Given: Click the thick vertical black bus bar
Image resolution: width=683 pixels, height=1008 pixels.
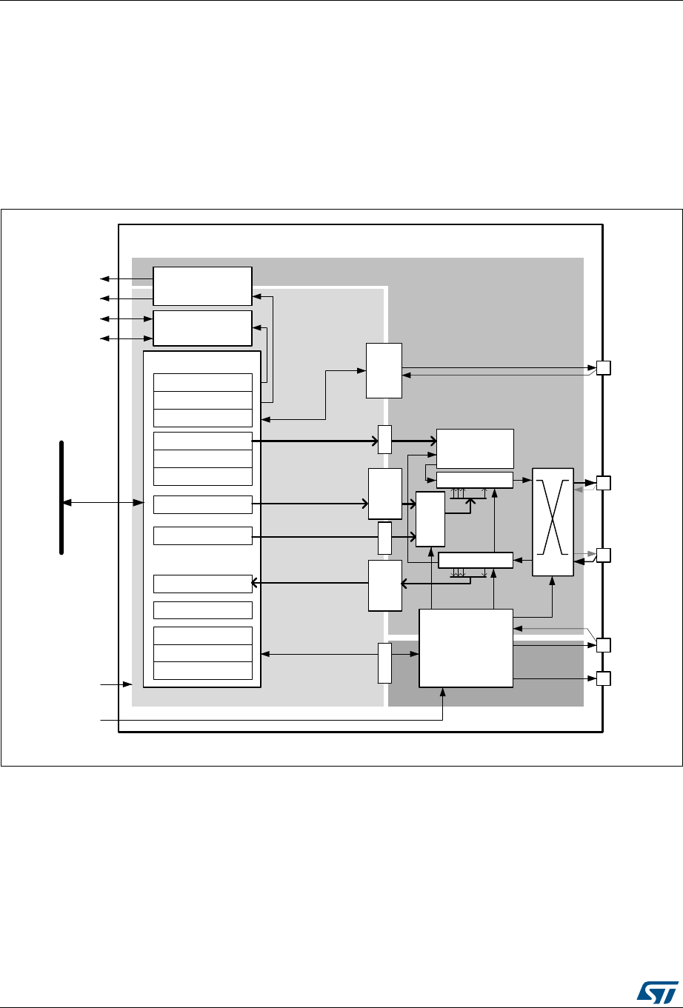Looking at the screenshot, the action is click(62, 497).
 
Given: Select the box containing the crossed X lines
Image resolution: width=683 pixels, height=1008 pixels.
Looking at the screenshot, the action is click(553, 521).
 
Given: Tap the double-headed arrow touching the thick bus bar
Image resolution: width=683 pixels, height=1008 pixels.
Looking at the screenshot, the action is click(103, 504).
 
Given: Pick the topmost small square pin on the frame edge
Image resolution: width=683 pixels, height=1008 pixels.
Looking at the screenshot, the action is click(603, 368).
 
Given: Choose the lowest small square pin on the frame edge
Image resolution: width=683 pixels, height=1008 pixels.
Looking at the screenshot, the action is click(603, 678).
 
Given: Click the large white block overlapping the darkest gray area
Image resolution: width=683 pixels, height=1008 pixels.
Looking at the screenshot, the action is click(466, 648).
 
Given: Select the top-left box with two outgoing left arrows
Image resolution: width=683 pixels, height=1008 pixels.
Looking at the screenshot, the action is click(202, 286).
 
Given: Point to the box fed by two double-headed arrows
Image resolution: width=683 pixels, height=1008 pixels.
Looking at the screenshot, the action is click(202, 328).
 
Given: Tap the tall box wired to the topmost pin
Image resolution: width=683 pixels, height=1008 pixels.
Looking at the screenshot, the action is click(384, 370).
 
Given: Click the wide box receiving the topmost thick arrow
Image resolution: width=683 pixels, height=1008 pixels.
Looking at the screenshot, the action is click(475, 447).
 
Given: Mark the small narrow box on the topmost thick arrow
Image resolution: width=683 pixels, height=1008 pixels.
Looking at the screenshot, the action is click(384, 439).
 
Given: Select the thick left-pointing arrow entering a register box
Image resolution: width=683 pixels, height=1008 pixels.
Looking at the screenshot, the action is click(311, 584).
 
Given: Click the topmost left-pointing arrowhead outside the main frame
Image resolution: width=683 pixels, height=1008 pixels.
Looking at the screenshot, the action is click(104, 279).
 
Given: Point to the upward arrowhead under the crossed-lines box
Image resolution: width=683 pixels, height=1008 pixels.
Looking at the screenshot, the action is click(553, 581).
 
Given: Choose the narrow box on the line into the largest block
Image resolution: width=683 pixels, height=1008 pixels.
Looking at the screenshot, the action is click(384, 663).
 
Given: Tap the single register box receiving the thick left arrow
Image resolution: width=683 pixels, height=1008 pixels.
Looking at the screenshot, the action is click(202, 584).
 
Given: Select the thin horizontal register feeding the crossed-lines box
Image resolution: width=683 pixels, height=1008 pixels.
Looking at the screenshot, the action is click(475, 479).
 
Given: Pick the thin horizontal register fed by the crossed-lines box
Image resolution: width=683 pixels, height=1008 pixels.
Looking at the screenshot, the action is click(476, 560).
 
